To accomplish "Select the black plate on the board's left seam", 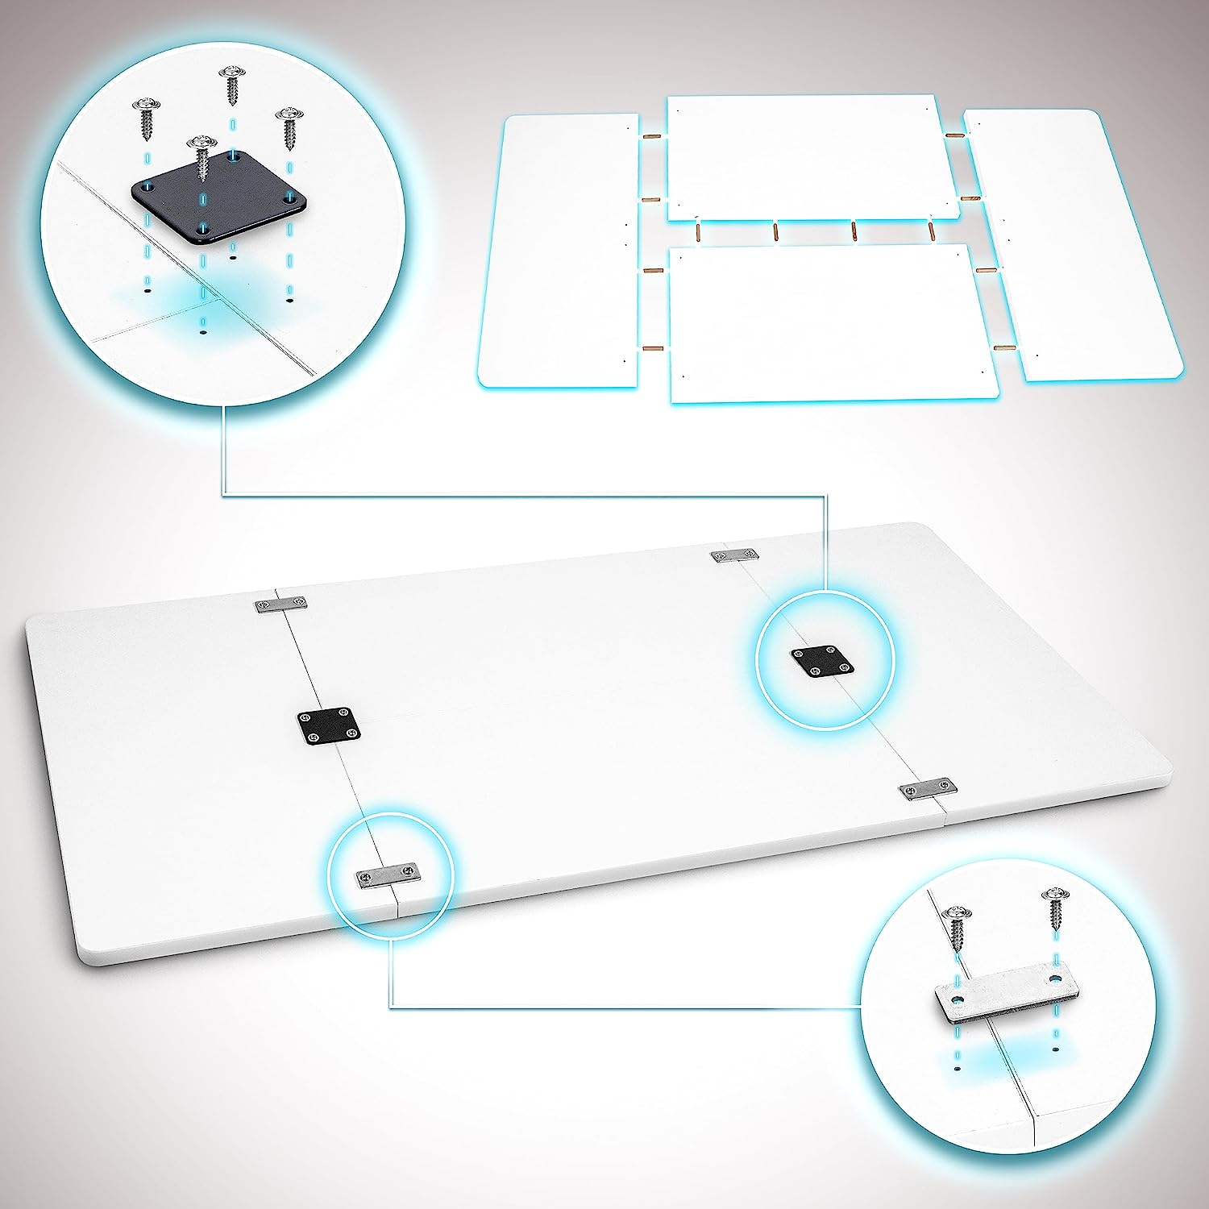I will (x=327, y=724).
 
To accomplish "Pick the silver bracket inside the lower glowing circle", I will (x=388, y=875).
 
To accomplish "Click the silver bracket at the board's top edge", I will (x=734, y=555).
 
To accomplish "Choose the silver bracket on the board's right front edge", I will (x=927, y=791).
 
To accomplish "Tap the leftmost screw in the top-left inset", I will (x=147, y=117).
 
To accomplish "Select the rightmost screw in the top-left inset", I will (x=289, y=127).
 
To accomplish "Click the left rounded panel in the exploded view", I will (x=560, y=250).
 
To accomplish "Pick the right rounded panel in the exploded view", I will (x=1072, y=242).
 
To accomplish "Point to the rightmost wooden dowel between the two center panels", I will (x=930, y=231).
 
